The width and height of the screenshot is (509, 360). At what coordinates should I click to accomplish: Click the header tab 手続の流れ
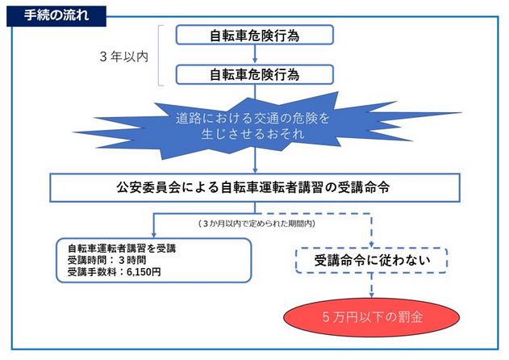click(52, 12)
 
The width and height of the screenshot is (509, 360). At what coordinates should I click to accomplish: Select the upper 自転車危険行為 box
click(254, 36)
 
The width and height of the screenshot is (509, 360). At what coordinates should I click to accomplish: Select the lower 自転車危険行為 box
click(254, 74)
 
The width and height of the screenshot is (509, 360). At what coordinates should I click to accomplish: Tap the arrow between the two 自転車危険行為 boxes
click(254, 55)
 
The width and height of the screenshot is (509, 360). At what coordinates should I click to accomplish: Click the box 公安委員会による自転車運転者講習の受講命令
click(254, 188)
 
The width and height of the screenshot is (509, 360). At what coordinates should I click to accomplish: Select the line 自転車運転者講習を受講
click(119, 248)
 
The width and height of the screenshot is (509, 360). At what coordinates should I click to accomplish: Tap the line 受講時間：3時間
click(107, 260)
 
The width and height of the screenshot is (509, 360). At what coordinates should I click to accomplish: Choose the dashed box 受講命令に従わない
click(370, 259)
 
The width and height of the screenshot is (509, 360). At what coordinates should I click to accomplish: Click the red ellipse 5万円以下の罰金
click(370, 317)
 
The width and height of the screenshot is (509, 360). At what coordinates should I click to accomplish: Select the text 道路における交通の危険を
click(254, 118)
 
